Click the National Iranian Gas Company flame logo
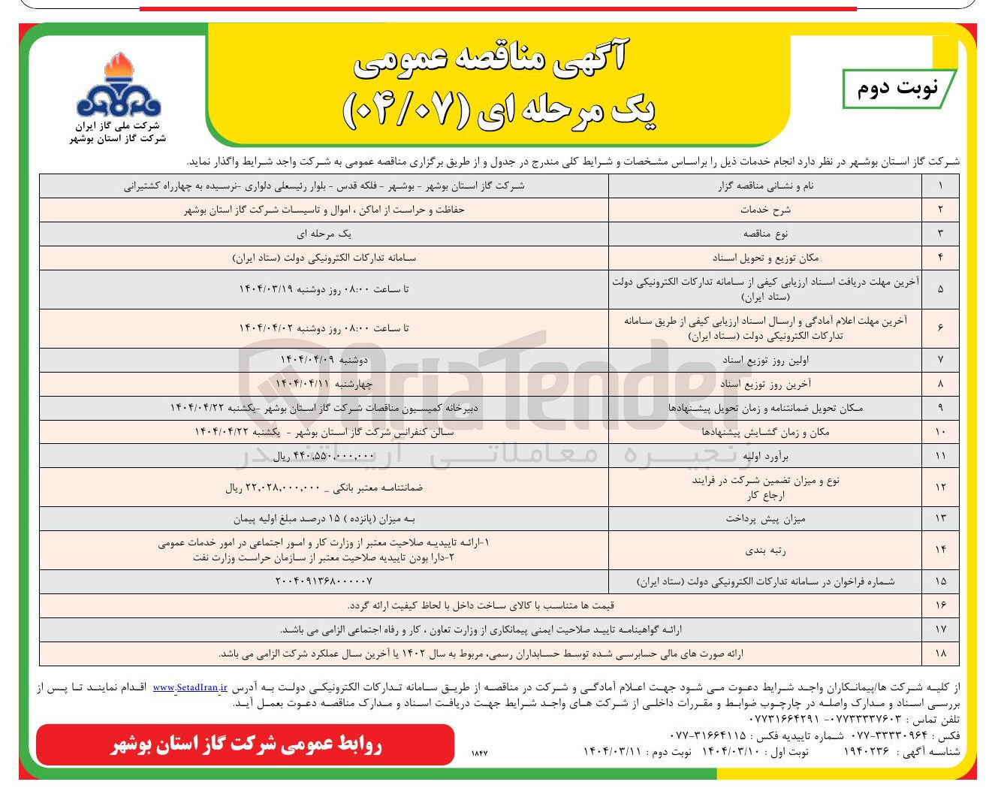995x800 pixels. (118, 86)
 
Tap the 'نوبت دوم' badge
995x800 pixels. (898, 89)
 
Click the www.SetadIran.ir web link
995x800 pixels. (189, 687)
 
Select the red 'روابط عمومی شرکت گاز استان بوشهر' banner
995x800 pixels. (245, 744)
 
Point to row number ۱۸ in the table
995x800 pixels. (940, 654)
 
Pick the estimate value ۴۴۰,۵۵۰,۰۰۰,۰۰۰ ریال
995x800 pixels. (323, 456)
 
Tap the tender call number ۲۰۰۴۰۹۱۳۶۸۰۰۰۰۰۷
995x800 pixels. (324, 581)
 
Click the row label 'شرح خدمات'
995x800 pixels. (765, 210)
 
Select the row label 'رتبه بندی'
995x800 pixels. (765, 550)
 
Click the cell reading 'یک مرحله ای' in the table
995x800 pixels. (324, 234)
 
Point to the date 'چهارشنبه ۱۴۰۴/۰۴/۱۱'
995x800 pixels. (324, 384)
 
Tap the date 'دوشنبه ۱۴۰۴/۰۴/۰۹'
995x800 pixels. (324, 360)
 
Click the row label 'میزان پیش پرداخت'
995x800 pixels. (765, 518)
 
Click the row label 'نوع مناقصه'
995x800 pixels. (765, 234)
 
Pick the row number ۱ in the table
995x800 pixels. (940, 186)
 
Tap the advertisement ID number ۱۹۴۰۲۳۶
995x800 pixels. (866, 751)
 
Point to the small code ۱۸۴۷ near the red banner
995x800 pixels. (479, 752)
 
